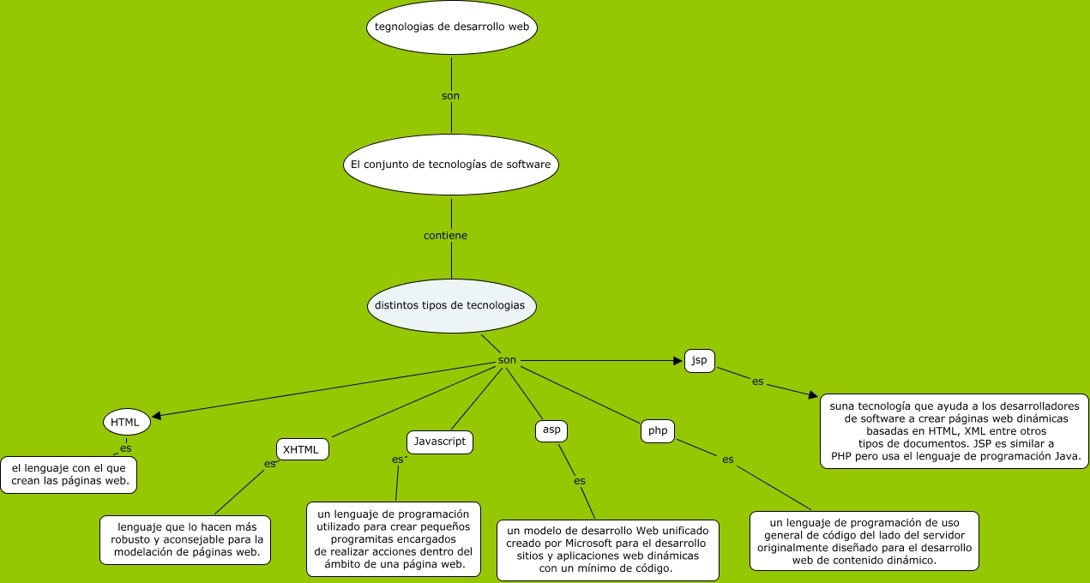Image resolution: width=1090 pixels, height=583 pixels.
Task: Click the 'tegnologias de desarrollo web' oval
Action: (x=452, y=27)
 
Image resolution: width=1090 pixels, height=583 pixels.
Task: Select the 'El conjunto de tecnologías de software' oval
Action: (x=451, y=164)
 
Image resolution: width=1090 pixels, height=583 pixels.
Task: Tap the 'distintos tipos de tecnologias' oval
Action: (x=451, y=306)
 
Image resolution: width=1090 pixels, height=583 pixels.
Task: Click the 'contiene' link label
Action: (x=446, y=235)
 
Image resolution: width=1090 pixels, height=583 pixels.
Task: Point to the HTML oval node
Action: (x=127, y=422)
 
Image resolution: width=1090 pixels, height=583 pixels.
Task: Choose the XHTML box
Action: (x=302, y=449)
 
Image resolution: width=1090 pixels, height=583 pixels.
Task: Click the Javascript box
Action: (x=439, y=442)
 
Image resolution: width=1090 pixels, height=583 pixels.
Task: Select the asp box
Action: (x=551, y=430)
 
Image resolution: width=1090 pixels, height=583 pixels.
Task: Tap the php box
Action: (x=658, y=431)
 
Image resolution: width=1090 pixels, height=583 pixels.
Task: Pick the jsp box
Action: (x=700, y=360)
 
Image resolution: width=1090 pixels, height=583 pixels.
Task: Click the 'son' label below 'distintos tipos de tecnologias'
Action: (x=507, y=360)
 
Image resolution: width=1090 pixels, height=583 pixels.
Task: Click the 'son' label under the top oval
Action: (x=450, y=96)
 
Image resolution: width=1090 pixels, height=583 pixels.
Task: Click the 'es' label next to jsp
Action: (x=757, y=382)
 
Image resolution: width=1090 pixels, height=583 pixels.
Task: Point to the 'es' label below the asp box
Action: (x=580, y=481)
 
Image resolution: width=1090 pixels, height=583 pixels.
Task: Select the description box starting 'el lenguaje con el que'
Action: (x=69, y=475)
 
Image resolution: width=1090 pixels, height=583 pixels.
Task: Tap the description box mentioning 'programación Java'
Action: (x=954, y=431)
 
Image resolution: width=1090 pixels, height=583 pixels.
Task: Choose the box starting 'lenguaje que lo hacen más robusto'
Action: (x=185, y=540)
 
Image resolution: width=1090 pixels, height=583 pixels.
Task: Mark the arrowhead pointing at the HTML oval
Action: (x=156, y=416)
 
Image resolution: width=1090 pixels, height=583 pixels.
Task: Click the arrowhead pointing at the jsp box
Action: (x=677, y=361)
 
